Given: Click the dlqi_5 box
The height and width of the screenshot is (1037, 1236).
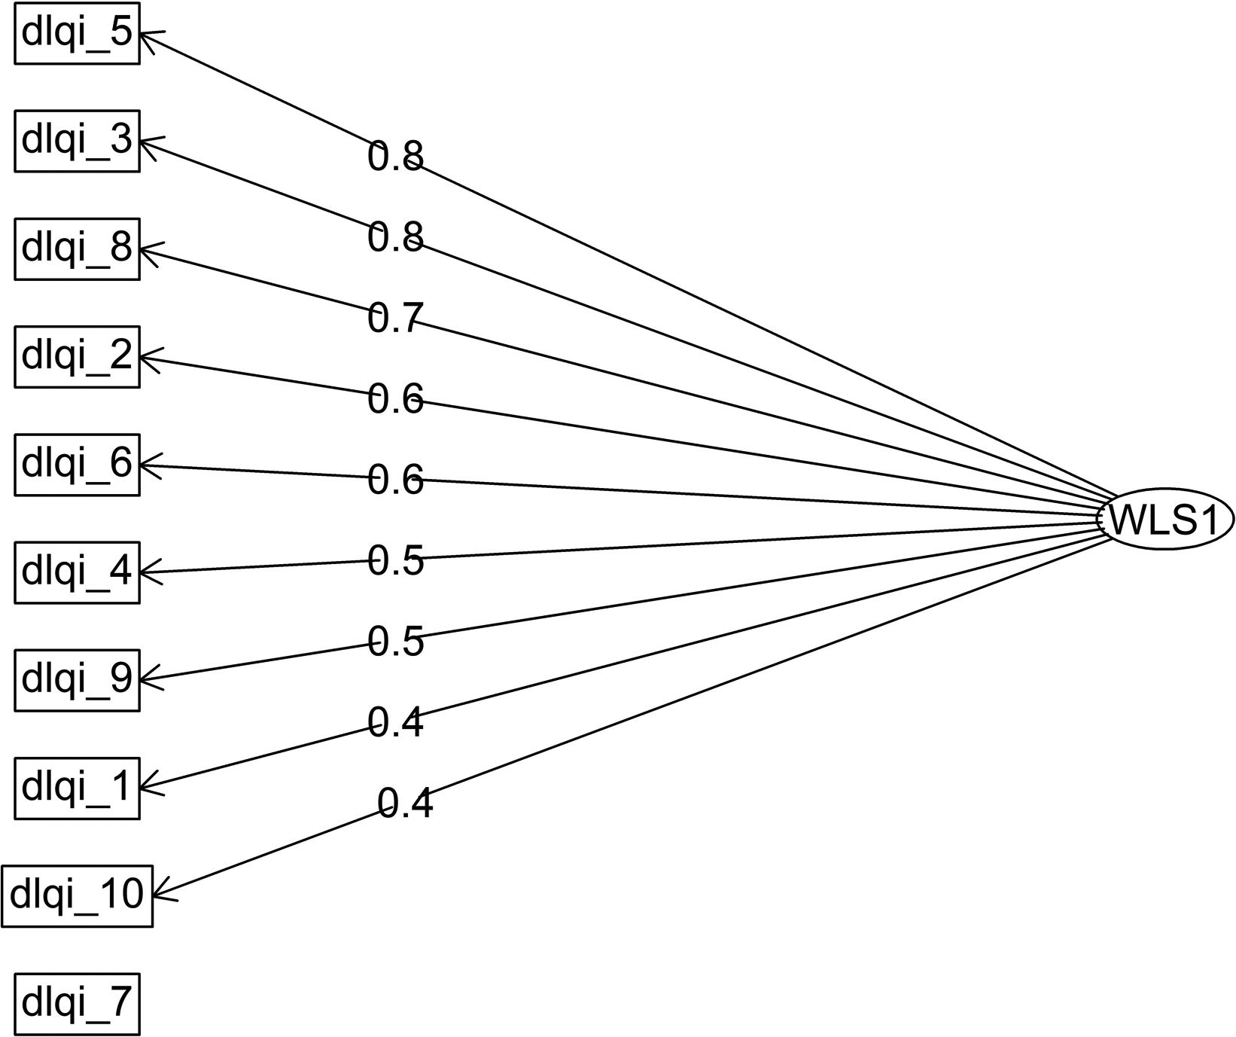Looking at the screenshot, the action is (x=77, y=33).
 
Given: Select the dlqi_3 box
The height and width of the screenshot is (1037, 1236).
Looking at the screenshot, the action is (x=77, y=141).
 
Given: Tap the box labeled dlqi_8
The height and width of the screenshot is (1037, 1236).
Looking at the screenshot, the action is (x=77, y=249).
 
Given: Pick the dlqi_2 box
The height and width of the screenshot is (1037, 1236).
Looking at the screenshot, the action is (x=77, y=356).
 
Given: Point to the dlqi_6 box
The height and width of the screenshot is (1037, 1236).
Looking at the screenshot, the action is (x=77, y=464).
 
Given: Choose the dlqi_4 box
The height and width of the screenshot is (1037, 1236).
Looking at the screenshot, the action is (x=77, y=572).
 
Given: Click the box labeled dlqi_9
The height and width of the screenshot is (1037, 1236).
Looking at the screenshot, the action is (x=77, y=679).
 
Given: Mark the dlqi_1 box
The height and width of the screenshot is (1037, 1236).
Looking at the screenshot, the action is (x=77, y=788).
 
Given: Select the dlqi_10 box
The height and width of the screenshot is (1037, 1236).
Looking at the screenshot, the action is (x=77, y=895).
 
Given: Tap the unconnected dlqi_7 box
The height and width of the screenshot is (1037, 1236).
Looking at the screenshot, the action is (x=77, y=1003).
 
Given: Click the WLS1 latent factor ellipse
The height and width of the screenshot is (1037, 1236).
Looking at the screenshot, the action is (x=1164, y=520).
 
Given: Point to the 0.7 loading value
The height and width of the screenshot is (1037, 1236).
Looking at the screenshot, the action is (x=396, y=318).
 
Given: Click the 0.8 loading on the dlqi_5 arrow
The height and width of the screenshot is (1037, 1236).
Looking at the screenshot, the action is (x=396, y=157).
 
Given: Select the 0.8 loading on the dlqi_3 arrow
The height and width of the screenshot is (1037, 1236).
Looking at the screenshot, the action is (x=396, y=236).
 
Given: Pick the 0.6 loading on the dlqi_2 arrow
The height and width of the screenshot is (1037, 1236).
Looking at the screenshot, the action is (x=396, y=399).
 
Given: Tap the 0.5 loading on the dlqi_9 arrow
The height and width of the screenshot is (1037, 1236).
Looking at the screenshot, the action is (x=396, y=642).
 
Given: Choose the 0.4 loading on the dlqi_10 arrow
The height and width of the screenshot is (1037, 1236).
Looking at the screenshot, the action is (x=405, y=804).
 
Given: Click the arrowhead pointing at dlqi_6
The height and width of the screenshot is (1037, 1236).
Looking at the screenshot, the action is (x=146, y=465).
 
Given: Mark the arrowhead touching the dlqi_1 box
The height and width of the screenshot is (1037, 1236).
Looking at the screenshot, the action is (x=146, y=788).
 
